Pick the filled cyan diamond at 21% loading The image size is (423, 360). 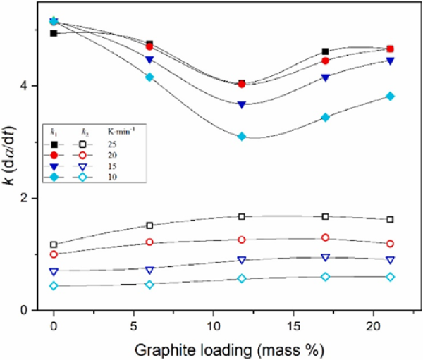pyautogui.click(x=391, y=97)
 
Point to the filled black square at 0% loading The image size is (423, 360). pyautogui.click(x=54, y=33)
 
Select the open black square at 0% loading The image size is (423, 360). pyautogui.click(x=54, y=244)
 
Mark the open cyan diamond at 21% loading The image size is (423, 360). pyautogui.click(x=391, y=277)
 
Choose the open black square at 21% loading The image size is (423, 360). pyautogui.click(x=391, y=220)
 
